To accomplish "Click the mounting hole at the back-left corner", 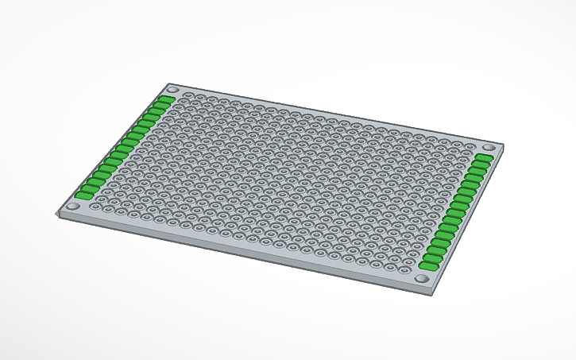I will (x=172, y=89).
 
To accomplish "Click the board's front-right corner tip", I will (x=434, y=292).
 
